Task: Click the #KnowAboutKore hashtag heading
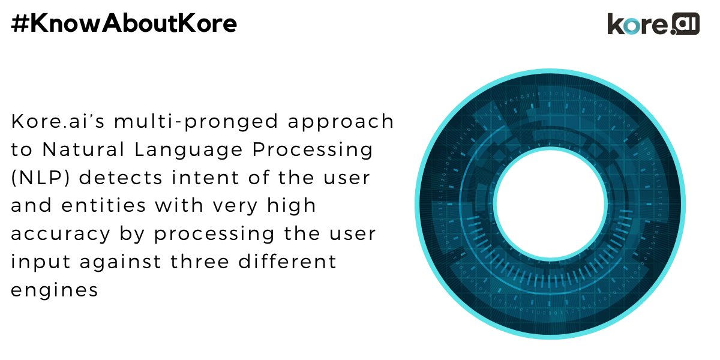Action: [124, 23]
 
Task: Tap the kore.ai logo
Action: [653, 24]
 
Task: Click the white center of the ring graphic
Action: [550, 204]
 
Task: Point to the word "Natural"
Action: [83, 149]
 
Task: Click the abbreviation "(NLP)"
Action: [40, 178]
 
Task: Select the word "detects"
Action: [121, 178]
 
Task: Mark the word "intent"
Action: [205, 178]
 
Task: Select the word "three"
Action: [200, 262]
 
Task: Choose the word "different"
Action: [287, 262]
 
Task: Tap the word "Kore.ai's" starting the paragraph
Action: [58, 121]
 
